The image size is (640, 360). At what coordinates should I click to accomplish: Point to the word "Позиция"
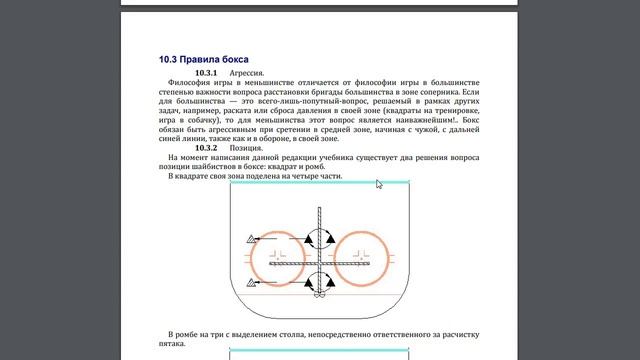coord(249,148)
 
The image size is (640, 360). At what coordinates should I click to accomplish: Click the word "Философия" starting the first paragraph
coord(190,84)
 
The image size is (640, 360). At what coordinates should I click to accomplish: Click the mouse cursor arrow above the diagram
coord(379,185)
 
